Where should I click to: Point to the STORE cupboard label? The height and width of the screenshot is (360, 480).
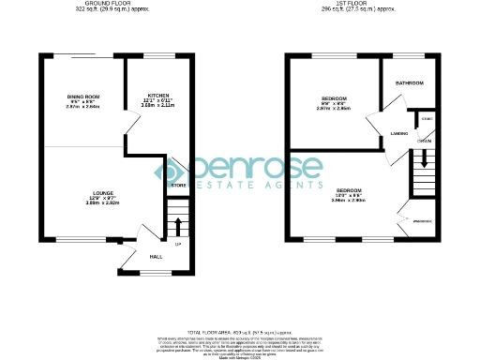178,185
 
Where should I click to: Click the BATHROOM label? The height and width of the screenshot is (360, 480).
410,83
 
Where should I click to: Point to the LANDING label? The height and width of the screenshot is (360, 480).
397,135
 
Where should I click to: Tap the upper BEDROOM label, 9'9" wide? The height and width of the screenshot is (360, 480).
334,98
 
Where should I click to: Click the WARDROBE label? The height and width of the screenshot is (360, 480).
422,221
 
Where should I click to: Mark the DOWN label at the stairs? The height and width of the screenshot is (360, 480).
425,142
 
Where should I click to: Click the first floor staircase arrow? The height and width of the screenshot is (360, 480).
425,159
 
